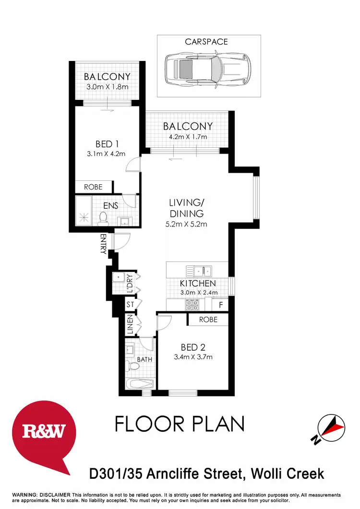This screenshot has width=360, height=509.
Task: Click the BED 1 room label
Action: pos(107,144)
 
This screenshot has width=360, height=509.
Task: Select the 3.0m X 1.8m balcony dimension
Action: pos(107,87)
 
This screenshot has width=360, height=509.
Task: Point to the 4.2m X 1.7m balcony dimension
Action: pos(187,137)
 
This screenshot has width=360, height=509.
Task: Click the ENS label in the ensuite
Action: pos(111,206)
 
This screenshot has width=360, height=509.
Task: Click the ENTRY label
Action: pos(103,244)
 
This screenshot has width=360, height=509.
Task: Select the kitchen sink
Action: pos(202,271)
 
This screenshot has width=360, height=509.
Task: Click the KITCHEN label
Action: pos(198,284)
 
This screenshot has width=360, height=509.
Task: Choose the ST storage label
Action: pos(130,304)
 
